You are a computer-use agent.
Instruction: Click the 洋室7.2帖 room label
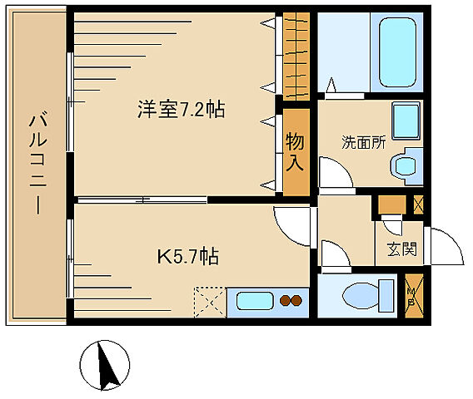[x=182, y=110]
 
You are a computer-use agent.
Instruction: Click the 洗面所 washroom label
[x=364, y=142]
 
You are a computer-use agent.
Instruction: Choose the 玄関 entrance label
[x=401, y=249]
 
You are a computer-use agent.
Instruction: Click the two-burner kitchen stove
[x=290, y=301]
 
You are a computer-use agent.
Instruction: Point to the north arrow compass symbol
[x=105, y=365]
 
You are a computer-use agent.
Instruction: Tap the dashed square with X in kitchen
[x=208, y=300]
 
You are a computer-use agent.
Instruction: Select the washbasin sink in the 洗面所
[x=407, y=164]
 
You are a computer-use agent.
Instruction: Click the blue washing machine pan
[x=406, y=122]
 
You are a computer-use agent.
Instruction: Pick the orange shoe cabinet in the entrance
[x=389, y=204]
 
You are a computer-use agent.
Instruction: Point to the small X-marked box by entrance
[x=418, y=204]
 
